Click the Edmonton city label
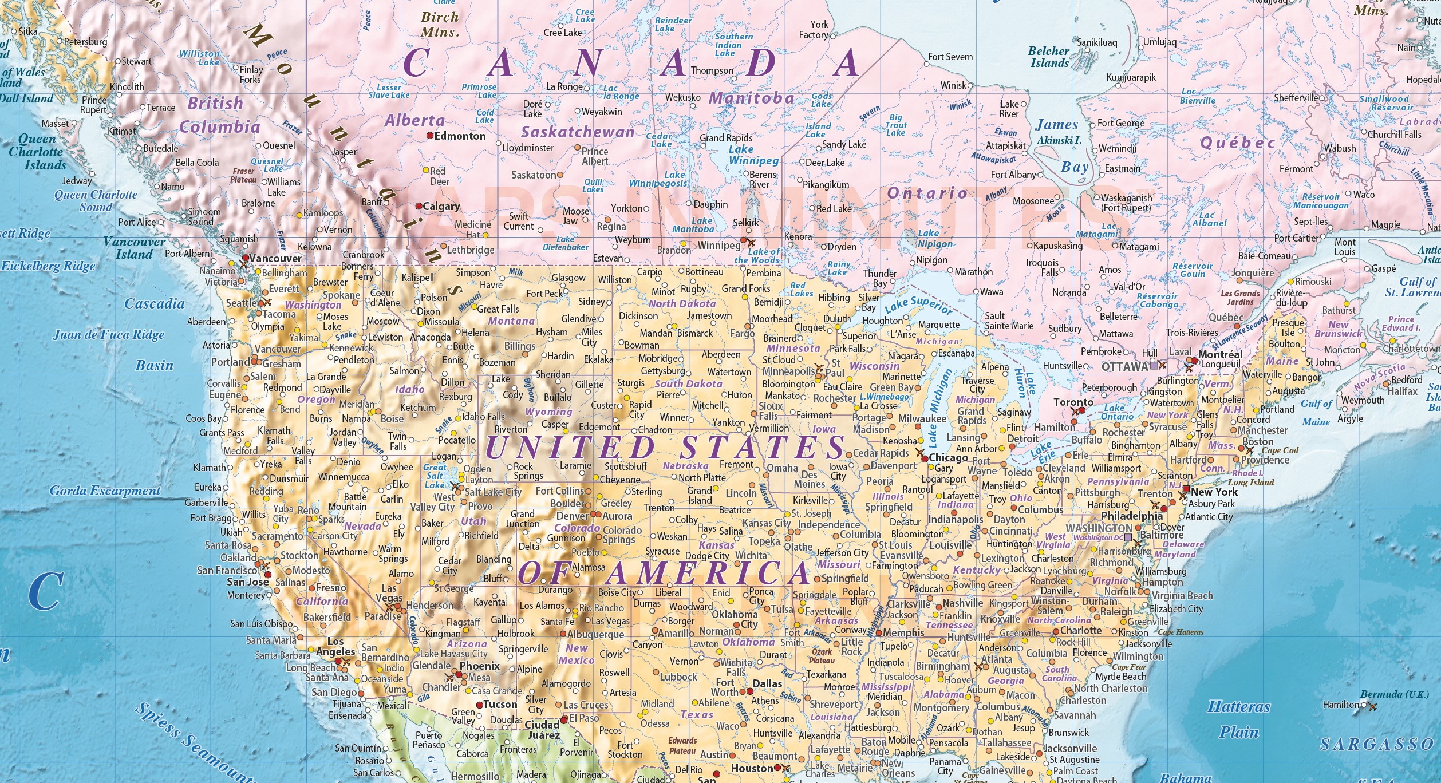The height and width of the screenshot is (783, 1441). (460, 136)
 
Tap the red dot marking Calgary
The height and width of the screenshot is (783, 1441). (419, 206)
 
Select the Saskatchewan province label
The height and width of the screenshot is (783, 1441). (577, 132)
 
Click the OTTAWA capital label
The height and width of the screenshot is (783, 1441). (1124, 366)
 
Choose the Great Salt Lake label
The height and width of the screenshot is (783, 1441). (435, 476)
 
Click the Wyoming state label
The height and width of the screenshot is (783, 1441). (548, 412)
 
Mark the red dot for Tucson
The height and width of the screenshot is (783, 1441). (480, 705)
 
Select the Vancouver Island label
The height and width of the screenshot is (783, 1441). (134, 248)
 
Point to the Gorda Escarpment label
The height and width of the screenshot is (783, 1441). (105, 491)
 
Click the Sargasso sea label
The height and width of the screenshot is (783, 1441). (1377, 744)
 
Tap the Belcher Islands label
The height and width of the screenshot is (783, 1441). (1048, 57)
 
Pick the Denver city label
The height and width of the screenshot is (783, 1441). (572, 516)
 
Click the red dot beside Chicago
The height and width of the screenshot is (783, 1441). (924, 459)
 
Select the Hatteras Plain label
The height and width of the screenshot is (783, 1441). (1239, 719)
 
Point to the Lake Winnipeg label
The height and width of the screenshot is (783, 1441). (753, 155)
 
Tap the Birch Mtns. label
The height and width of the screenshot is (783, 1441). (440, 25)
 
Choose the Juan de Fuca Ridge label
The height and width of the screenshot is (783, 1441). (109, 335)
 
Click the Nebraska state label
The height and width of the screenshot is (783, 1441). (685, 466)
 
